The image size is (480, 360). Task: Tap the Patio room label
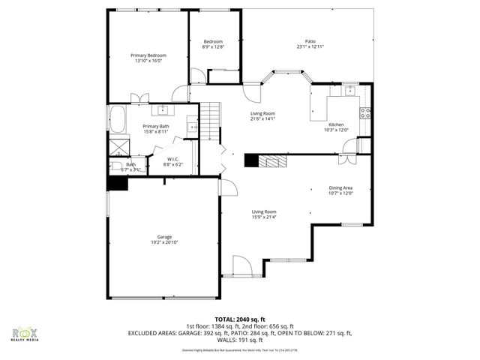[x=310, y=41]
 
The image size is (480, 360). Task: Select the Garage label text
[x=164, y=237]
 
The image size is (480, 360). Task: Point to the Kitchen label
[x=337, y=124]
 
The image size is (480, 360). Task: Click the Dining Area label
[x=340, y=188]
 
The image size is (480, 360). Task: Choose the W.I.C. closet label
[x=172, y=158]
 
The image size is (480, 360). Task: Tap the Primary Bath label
[x=156, y=126]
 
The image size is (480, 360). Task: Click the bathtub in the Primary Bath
[x=117, y=118]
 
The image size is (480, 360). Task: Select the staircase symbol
[x=211, y=119]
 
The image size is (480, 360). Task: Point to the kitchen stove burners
[x=364, y=114]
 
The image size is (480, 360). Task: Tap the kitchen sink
[x=348, y=91]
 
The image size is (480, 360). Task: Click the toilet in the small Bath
[x=116, y=166]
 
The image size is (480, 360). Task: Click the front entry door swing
[x=241, y=265]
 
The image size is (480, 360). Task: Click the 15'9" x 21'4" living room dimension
[x=264, y=217]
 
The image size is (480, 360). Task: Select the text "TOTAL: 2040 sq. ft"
[x=240, y=319]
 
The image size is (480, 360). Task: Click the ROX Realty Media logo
[x=25, y=334]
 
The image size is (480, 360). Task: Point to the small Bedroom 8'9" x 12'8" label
[x=213, y=43]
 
